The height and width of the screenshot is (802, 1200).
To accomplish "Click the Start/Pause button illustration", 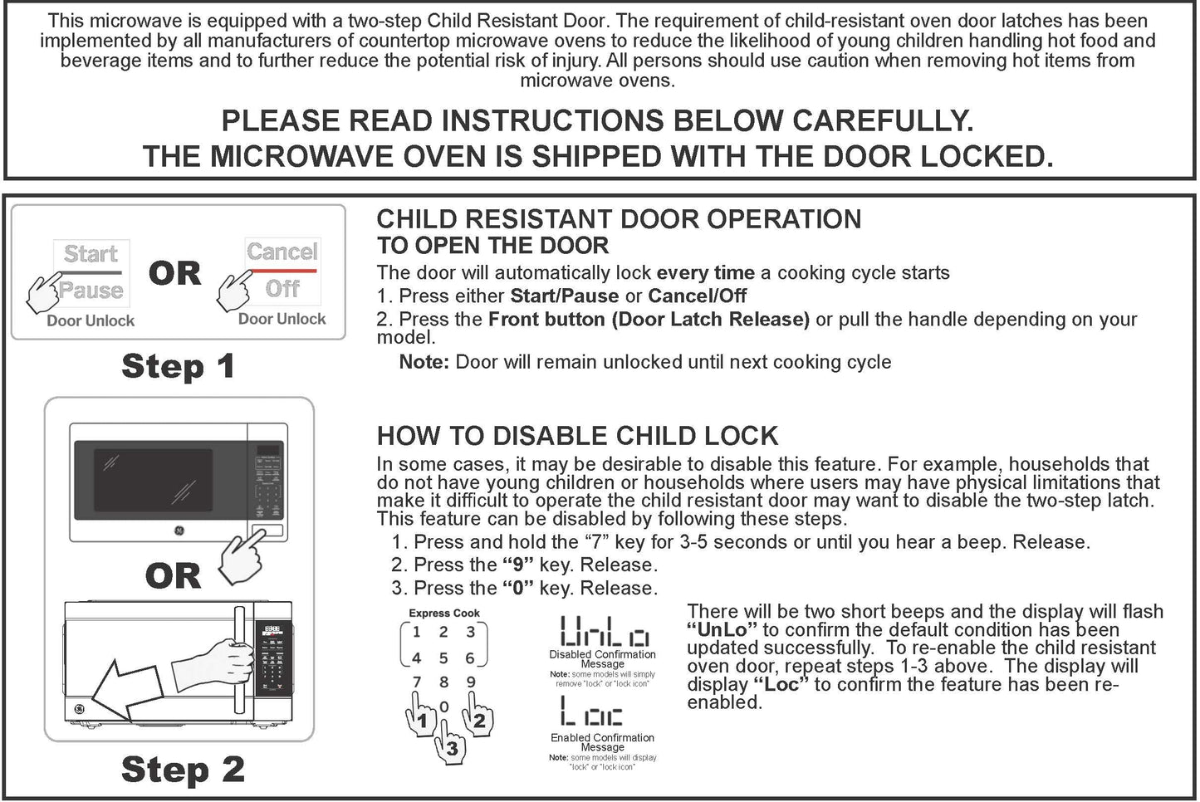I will coord(91,271).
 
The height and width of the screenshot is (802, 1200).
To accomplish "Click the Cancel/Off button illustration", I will coord(282,269).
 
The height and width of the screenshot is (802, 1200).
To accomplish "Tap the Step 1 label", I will coord(178,366).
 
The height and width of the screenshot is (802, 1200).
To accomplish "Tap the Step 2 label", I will coord(183,770).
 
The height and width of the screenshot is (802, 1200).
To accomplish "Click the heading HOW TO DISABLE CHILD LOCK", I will coord(577,436).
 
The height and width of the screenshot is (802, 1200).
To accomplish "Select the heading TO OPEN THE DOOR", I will coord(492,246).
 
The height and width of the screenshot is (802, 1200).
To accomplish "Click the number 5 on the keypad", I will coord(443,658).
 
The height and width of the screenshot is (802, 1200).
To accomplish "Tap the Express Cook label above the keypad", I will coord(444,614).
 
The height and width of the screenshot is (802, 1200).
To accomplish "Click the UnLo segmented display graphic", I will coord(604,632).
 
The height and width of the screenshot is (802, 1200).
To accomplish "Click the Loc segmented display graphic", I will coord(591,713).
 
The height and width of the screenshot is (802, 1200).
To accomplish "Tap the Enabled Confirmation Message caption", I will coord(602,742).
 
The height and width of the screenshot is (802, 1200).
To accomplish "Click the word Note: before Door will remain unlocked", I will coord(424,362).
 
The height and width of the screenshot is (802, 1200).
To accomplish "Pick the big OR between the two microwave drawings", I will coord(173,575).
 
